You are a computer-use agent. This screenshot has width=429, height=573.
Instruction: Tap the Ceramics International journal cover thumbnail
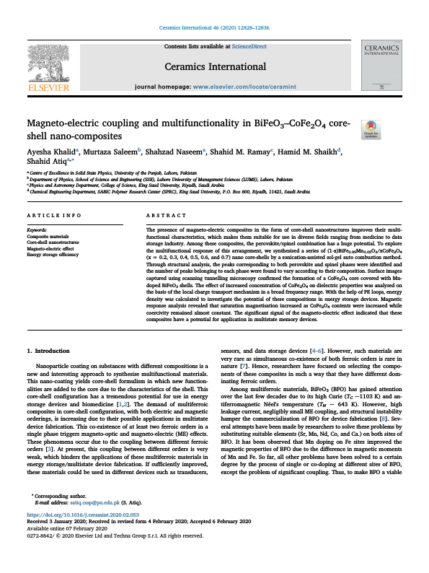click(381, 64)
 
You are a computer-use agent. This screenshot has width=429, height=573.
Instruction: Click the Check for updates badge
click(391, 128)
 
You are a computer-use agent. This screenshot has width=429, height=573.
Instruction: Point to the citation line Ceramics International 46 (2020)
click(214, 27)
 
